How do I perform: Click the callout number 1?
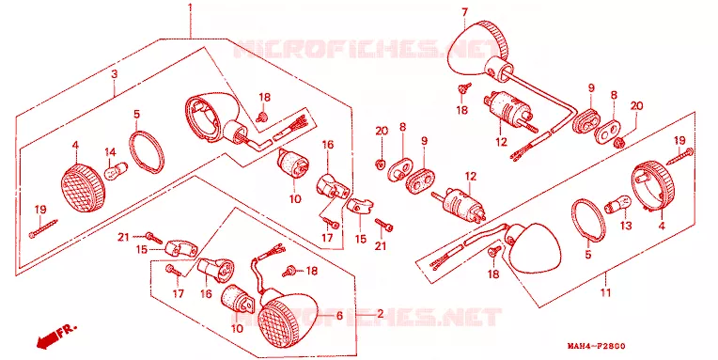(x=190, y=8)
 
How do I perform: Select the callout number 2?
(x=380, y=315)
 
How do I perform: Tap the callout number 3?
(x=115, y=73)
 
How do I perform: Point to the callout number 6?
(x=339, y=316)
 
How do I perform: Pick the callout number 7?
(x=465, y=12)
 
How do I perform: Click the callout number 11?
(x=606, y=292)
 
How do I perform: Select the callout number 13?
(x=626, y=226)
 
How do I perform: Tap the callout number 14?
(x=111, y=152)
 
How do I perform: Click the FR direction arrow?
(x=52, y=338)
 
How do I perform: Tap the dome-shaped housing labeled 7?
(x=476, y=48)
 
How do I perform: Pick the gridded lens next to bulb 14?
(x=83, y=188)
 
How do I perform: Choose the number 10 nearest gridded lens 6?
(x=237, y=328)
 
